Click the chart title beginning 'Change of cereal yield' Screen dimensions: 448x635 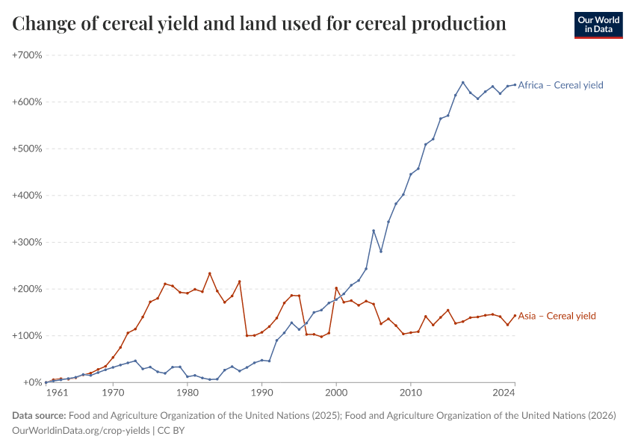point(259,24)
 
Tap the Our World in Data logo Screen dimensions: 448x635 point(598,25)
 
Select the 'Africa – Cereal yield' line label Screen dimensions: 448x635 point(560,85)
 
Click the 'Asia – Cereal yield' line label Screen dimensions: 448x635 point(557,316)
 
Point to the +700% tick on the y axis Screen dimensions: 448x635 point(27,55)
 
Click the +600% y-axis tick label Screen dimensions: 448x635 point(27,102)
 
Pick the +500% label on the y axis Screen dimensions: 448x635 point(27,149)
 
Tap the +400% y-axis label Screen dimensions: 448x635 point(27,196)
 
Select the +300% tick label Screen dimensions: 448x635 point(27,242)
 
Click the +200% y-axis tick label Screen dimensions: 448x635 point(27,289)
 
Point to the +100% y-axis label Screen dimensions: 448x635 point(27,336)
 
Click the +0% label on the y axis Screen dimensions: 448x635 point(32,382)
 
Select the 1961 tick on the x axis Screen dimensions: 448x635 point(55,392)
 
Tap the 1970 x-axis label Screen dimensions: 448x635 point(113,392)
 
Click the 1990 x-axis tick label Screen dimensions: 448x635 point(261,392)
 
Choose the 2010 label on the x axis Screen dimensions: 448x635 point(410,392)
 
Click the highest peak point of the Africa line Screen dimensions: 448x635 point(462,82)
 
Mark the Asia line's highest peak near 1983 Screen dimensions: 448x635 point(209,273)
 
